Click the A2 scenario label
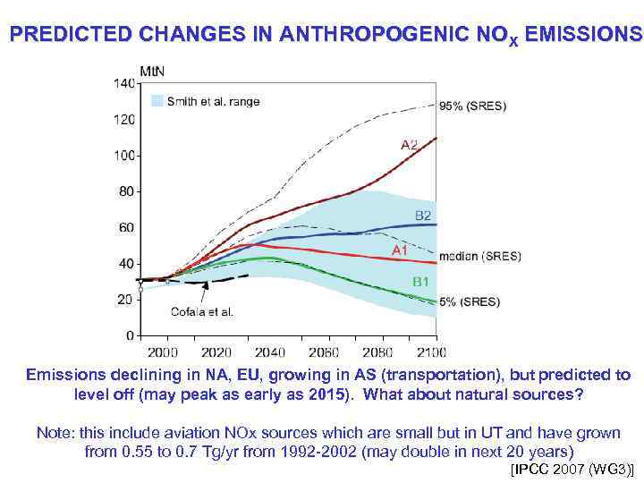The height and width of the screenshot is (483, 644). [409, 144]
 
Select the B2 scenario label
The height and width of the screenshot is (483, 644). [423, 216]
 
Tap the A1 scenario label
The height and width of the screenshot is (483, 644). [400, 251]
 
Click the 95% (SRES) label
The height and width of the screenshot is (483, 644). [471, 106]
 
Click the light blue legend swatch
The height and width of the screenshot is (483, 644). [156, 101]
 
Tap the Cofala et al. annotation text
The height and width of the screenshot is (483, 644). [202, 312]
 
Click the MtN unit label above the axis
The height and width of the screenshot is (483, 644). [152, 70]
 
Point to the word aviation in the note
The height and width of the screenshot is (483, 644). [191, 433]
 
